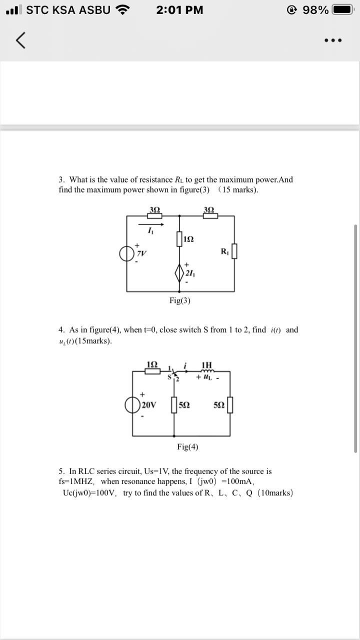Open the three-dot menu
click(x=332, y=40)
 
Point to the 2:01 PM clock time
click(x=179, y=10)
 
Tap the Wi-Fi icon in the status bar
click(x=122, y=9)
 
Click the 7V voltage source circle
click(x=127, y=253)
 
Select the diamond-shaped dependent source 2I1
click(x=179, y=273)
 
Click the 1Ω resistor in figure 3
click(x=179, y=239)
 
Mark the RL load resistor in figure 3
click(x=234, y=251)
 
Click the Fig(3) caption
click(x=179, y=300)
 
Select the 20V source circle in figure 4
click(x=132, y=404)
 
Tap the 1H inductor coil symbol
click(x=206, y=371)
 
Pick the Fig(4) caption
click(x=187, y=447)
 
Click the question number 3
click(x=61, y=179)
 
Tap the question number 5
click(x=61, y=471)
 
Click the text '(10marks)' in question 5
click(x=275, y=492)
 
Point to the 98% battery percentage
click(x=315, y=10)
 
